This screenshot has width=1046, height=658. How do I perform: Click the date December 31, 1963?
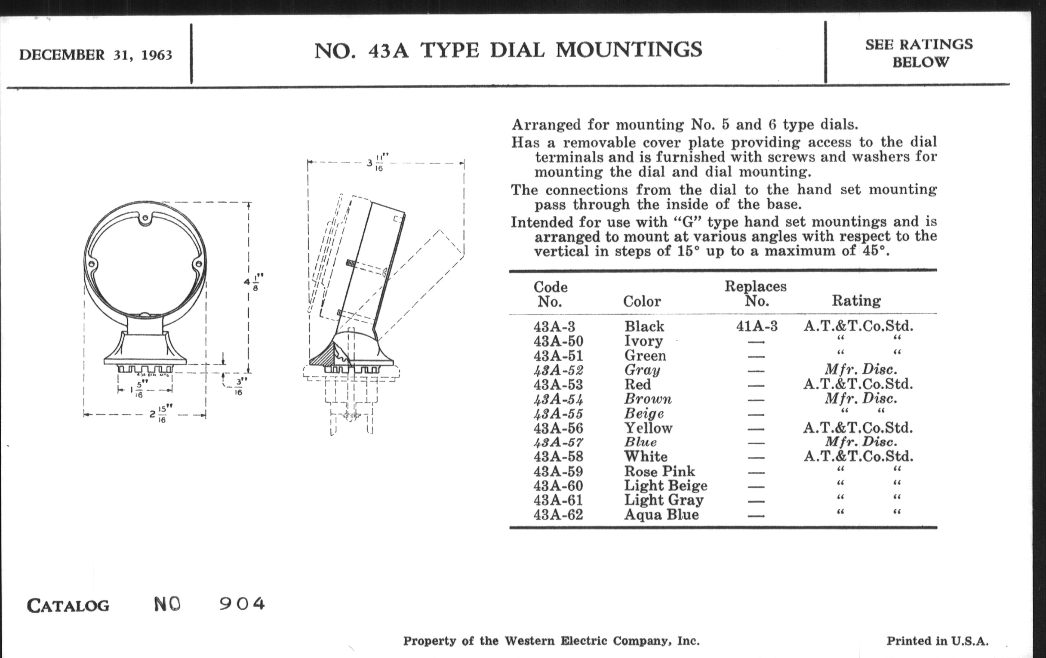(x=95, y=55)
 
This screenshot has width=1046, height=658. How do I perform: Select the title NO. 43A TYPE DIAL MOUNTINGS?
(x=508, y=50)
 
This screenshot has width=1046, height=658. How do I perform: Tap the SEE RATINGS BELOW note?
(x=919, y=53)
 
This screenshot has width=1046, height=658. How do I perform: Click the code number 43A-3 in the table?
(x=554, y=326)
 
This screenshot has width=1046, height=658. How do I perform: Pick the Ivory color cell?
(x=643, y=341)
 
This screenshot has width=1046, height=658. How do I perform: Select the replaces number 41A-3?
(x=757, y=326)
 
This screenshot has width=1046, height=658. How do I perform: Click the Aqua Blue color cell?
(x=661, y=515)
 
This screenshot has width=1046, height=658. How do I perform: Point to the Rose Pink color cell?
(x=659, y=471)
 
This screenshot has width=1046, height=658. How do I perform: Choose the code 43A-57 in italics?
(x=558, y=442)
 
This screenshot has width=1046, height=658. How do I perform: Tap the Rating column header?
(x=856, y=301)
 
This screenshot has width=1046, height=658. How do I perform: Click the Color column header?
(x=642, y=301)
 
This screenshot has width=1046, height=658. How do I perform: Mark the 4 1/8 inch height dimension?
(x=254, y=282)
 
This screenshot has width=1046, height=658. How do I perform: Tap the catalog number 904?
(x=242, y=604)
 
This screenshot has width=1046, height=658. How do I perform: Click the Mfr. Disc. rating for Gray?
(x=861, y=369)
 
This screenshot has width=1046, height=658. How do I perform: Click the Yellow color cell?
(x=648, y=428)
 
